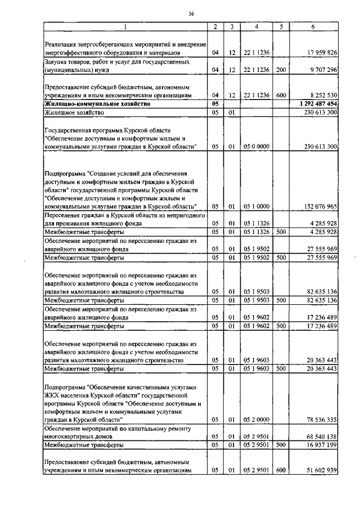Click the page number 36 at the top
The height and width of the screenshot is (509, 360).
[x=191, y=13]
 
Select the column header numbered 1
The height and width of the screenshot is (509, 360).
[x=125, y=26]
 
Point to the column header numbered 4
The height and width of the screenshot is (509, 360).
[x=256, y=26]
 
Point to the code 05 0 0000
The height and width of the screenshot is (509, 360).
[x=256, y=147]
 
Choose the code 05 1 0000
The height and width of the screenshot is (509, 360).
[x=256, y=206]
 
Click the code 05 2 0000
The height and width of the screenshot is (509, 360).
[x=256, y=420]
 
